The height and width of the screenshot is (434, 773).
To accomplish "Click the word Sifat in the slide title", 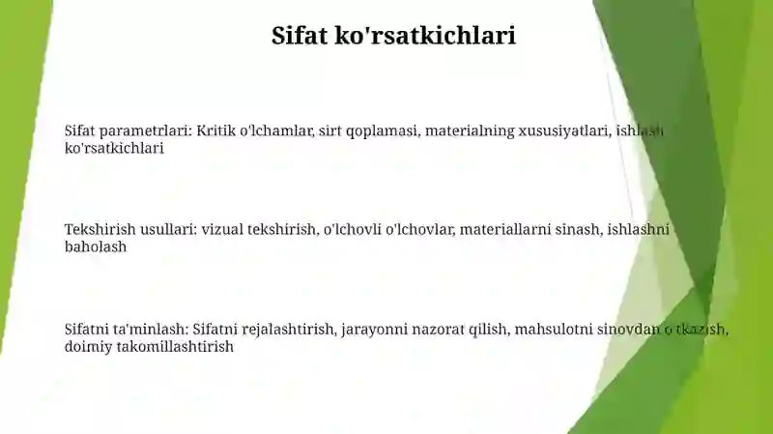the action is (x=300, y=35).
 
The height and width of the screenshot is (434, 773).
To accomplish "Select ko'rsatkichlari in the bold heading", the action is (x=425, y=35).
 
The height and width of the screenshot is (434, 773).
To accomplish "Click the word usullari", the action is (x=168, y=230).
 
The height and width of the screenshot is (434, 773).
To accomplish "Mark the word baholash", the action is (x=96, y=246).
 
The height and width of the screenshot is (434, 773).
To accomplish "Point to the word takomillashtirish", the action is (x=175, y=346).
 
